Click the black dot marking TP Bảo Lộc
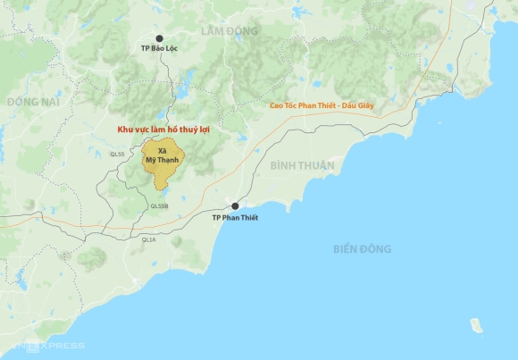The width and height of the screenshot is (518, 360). click(x=160, y=39)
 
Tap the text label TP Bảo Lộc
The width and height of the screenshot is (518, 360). click(x=160, y=51)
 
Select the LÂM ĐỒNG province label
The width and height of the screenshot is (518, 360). click(x=229, y=31)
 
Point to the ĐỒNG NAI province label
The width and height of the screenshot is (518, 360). click(x=32, y=102)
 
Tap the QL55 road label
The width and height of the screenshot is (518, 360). click(x=118, y=155)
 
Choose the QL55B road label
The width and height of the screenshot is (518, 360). click(x=159, y=206)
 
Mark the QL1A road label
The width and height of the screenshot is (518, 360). click(x=148, y=239)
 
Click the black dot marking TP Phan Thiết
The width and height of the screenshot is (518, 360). click(x=236, y=206)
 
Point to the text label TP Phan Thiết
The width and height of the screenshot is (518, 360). click(x=235, y=218)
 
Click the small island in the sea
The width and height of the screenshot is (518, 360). click(x=477, y=323)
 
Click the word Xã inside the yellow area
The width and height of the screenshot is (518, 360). click(x=162, y=152)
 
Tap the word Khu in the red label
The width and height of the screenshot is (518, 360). click(x=128, y=130)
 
